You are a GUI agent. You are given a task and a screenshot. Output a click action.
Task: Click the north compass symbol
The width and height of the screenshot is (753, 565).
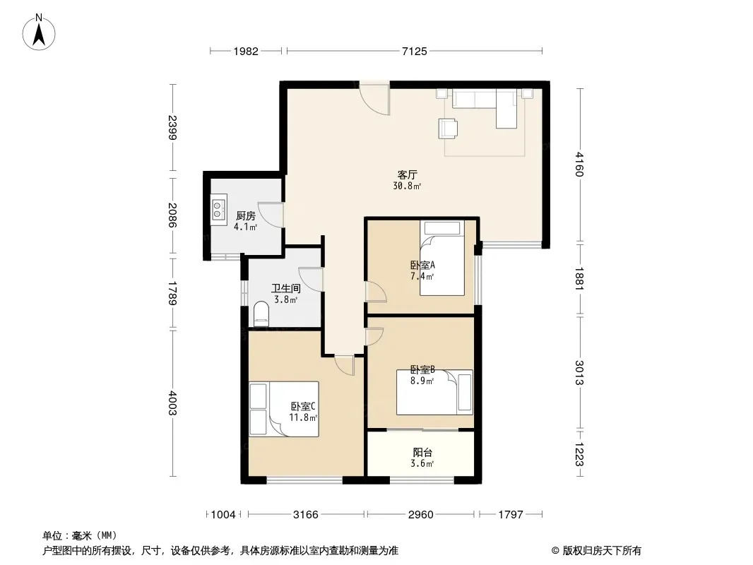(39, 32)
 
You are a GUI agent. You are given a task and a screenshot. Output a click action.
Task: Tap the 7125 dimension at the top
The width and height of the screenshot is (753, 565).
(415, 51)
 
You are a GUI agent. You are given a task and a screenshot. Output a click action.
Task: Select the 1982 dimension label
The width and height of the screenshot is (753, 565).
(246, 51)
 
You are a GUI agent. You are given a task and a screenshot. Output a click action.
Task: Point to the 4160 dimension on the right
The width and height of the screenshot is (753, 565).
(580, 164)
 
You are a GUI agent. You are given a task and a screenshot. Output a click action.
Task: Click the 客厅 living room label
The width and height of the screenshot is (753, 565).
(407, 174)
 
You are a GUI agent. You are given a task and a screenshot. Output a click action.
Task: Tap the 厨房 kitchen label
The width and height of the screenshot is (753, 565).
(245, 216)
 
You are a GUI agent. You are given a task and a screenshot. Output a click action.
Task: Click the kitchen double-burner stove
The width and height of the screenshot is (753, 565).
(219, 210)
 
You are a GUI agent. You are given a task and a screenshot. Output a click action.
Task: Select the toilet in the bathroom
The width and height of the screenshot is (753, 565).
(261, 314)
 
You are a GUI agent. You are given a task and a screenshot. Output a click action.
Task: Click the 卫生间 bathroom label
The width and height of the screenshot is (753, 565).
(286, 288)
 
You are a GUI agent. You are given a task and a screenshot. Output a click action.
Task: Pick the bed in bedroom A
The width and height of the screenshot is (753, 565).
(441, 258)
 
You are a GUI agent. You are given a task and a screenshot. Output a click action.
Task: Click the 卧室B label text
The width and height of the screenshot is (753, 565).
(422, 369)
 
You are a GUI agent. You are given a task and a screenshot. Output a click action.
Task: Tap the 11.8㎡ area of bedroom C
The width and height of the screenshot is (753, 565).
(303, 417)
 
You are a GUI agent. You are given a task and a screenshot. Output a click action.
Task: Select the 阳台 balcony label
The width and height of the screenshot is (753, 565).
(422, 452)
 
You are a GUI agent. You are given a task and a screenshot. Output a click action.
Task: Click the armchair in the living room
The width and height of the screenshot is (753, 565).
(448, 128)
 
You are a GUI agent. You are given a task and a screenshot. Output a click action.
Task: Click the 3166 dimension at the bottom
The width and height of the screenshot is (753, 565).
(306, 515)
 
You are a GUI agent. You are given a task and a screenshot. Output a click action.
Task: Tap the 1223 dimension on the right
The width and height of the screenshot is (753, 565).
(580, 454)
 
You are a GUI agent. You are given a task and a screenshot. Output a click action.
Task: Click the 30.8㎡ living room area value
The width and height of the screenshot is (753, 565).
(407, 186)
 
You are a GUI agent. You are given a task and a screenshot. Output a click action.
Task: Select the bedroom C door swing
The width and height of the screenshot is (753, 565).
(344, 365)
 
